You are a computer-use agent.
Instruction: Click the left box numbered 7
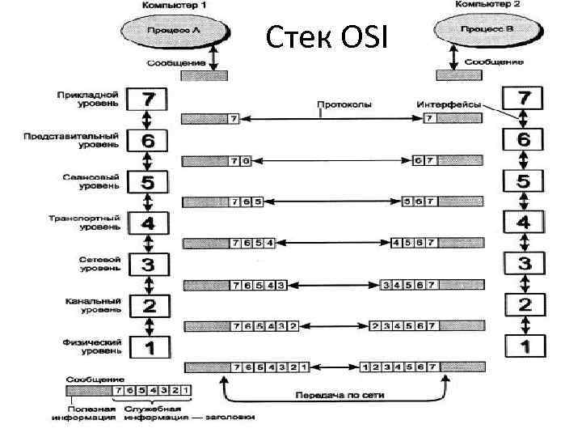coord(148,100)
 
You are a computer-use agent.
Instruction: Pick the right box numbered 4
coord(524,222)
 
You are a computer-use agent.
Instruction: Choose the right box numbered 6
coord(524,139)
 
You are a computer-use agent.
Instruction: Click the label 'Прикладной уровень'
coord(91,99)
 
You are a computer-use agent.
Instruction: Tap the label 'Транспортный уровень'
coord(90,223)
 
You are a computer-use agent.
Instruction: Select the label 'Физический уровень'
coord(91,346)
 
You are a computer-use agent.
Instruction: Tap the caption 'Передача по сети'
coord(333,396)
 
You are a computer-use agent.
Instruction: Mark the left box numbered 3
coord(148,265)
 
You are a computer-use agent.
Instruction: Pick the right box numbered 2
coord(524,305)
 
